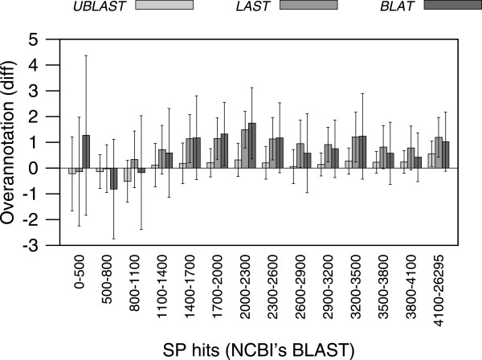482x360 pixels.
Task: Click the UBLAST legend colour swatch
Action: pos(165,5)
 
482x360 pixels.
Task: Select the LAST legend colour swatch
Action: pos(309,5)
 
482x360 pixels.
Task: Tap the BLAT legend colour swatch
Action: pos(450,5)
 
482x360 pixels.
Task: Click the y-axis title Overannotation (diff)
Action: pos(18,141)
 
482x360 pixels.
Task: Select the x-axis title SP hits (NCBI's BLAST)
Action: pos(257,347)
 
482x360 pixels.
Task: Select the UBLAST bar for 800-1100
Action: pos(127,174)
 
